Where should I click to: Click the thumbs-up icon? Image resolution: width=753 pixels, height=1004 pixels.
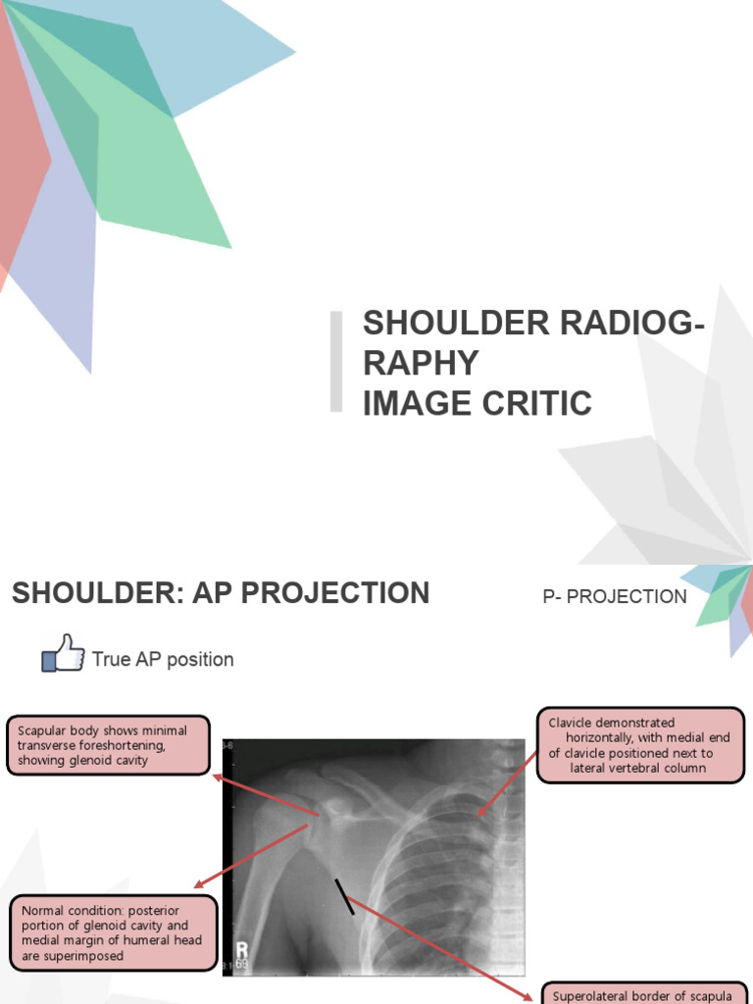63,653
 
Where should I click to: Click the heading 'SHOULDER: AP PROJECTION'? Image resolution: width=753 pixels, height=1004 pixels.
221,593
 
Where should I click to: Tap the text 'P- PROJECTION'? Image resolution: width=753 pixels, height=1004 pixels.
615,596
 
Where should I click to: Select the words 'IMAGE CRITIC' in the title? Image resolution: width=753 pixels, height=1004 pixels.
477,402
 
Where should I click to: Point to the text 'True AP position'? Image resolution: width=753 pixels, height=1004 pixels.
163,660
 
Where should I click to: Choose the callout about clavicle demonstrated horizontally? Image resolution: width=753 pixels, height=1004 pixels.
641,745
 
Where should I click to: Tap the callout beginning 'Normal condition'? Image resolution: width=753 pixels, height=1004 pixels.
112,933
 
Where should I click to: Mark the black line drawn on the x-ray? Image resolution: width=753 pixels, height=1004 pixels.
344,896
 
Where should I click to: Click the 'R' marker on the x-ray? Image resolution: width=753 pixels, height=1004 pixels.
240,950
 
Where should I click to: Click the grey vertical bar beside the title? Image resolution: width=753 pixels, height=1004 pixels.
336,361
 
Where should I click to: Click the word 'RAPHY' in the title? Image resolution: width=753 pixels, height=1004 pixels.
421,362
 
